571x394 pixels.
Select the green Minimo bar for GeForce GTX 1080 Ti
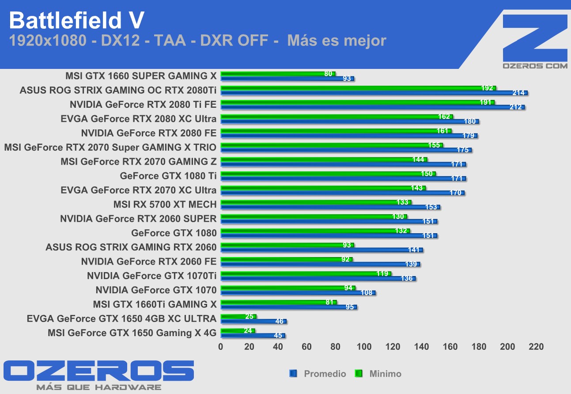pyautogui.click(x=328, y=174)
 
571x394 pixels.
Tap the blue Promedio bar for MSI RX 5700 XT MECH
pyautogui.click(x=330, y=207)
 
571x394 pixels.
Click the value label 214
pyautogui.click(x=518, y=93)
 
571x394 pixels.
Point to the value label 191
pyautogui.click(x=486, y=102)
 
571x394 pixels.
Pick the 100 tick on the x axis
pyautogui.click(x=364, y=347)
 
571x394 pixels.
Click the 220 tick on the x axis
pyautogui.click(x=536, y=347)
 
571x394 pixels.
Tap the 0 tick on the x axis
pyautogui.click(x=221, y=347)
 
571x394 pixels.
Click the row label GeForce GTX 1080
pyautogui.click(x=174, y=233)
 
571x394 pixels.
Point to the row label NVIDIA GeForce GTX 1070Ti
pyautogui.click(x=151, y=276)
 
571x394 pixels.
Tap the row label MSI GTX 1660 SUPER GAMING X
pyautogui.click(x=141, y=76)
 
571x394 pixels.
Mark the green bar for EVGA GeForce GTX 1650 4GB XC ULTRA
pyautogui.click(x=238, y=316)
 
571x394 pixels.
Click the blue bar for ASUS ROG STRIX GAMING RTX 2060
pyautogui.click(x=321, y=250)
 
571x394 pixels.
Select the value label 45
pyautogui.click(x=278, y=336)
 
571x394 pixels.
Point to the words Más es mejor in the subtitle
pyautogui.click(x=337, y=41)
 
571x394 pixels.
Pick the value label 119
pyautogui.click(x=382, y=273)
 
